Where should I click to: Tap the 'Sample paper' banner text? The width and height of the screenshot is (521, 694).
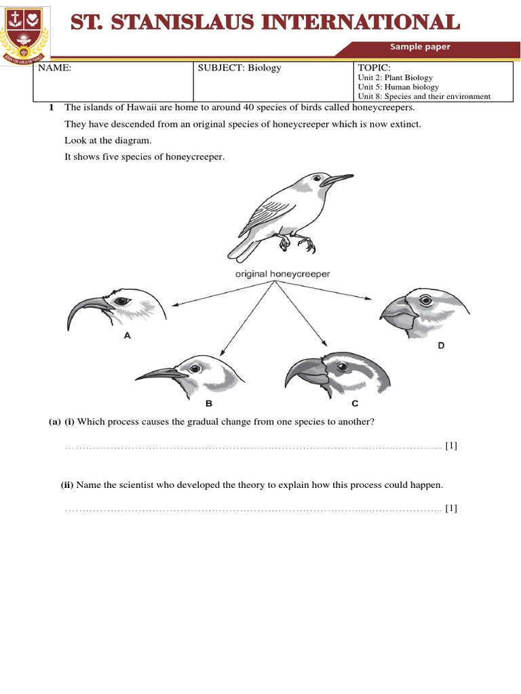click(x=419, y=47)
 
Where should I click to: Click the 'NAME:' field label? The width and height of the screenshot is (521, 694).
click(x=54, y=68)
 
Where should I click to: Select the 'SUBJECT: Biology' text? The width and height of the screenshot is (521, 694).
click(x=239, y=68)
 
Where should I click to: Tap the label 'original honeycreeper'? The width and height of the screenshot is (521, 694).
click(x=273, y=274)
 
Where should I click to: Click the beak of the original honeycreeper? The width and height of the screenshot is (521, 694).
click(x=337, y=180)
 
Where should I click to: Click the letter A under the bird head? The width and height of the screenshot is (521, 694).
click(x=128, y=334)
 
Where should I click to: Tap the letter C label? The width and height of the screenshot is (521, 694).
click(x=354, y=404)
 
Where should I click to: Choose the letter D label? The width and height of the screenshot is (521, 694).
click(x=440, y=346)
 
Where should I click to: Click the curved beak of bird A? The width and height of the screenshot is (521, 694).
click(x=81, y=308)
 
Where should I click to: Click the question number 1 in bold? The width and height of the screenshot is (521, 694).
click(x=51, y=108)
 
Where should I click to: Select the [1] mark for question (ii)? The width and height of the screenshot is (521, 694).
click(x=451, y=508)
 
